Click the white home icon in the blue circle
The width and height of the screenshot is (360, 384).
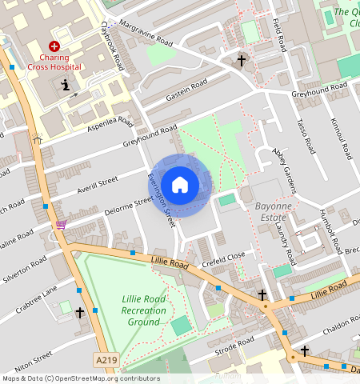pos(180,185)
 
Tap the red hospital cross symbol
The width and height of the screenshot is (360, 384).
pos(54,47)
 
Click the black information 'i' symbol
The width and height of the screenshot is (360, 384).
pos(65,84)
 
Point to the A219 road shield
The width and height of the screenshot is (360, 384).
pos(105,361)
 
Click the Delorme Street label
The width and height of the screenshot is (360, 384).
pos(128,206)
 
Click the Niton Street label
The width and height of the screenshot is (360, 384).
pos(33,356)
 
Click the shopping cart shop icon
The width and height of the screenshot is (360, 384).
pos(61,225)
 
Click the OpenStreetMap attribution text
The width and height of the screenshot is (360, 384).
pos(81,378)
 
